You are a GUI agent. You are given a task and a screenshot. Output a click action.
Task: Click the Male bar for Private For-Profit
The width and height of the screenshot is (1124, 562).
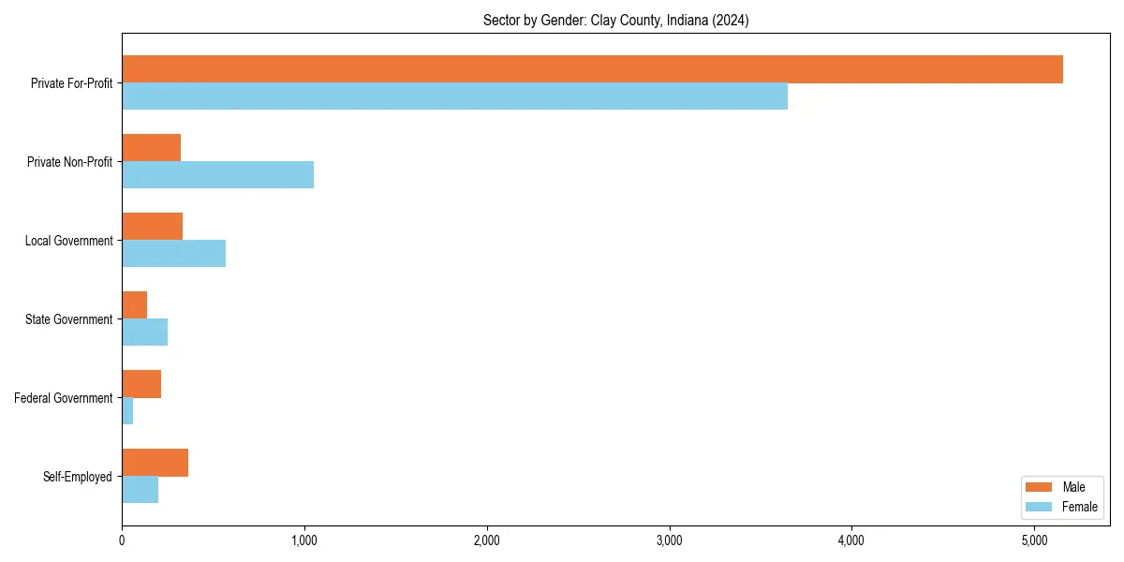point(592,69)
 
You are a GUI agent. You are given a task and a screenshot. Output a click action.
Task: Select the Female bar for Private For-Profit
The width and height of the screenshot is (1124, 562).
point(454,96)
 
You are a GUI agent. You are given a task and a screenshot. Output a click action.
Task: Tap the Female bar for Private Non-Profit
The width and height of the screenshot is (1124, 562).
point(217,175)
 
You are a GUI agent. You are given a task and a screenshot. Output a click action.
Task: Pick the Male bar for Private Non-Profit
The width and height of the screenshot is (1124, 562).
point(151,148)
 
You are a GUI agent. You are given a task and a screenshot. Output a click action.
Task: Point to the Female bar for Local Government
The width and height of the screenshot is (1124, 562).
point(173,254)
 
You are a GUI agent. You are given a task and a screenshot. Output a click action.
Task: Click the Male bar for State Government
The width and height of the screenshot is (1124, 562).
point(134,305)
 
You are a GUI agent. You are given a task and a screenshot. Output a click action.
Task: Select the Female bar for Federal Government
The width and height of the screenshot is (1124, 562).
point(127,411)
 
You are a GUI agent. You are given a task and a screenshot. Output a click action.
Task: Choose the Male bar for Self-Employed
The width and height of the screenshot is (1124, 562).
point(155,463)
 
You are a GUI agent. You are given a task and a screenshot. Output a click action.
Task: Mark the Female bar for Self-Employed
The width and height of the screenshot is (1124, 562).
point(140,490)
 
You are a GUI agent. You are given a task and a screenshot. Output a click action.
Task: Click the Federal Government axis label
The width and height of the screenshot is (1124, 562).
point(64,398)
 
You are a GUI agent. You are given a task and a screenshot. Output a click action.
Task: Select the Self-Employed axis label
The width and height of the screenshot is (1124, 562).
point(78,477)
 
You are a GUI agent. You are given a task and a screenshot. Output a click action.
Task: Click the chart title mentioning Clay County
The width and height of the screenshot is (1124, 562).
point(615,20)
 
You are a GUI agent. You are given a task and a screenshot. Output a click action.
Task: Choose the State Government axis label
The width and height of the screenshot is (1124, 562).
point(69,319)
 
